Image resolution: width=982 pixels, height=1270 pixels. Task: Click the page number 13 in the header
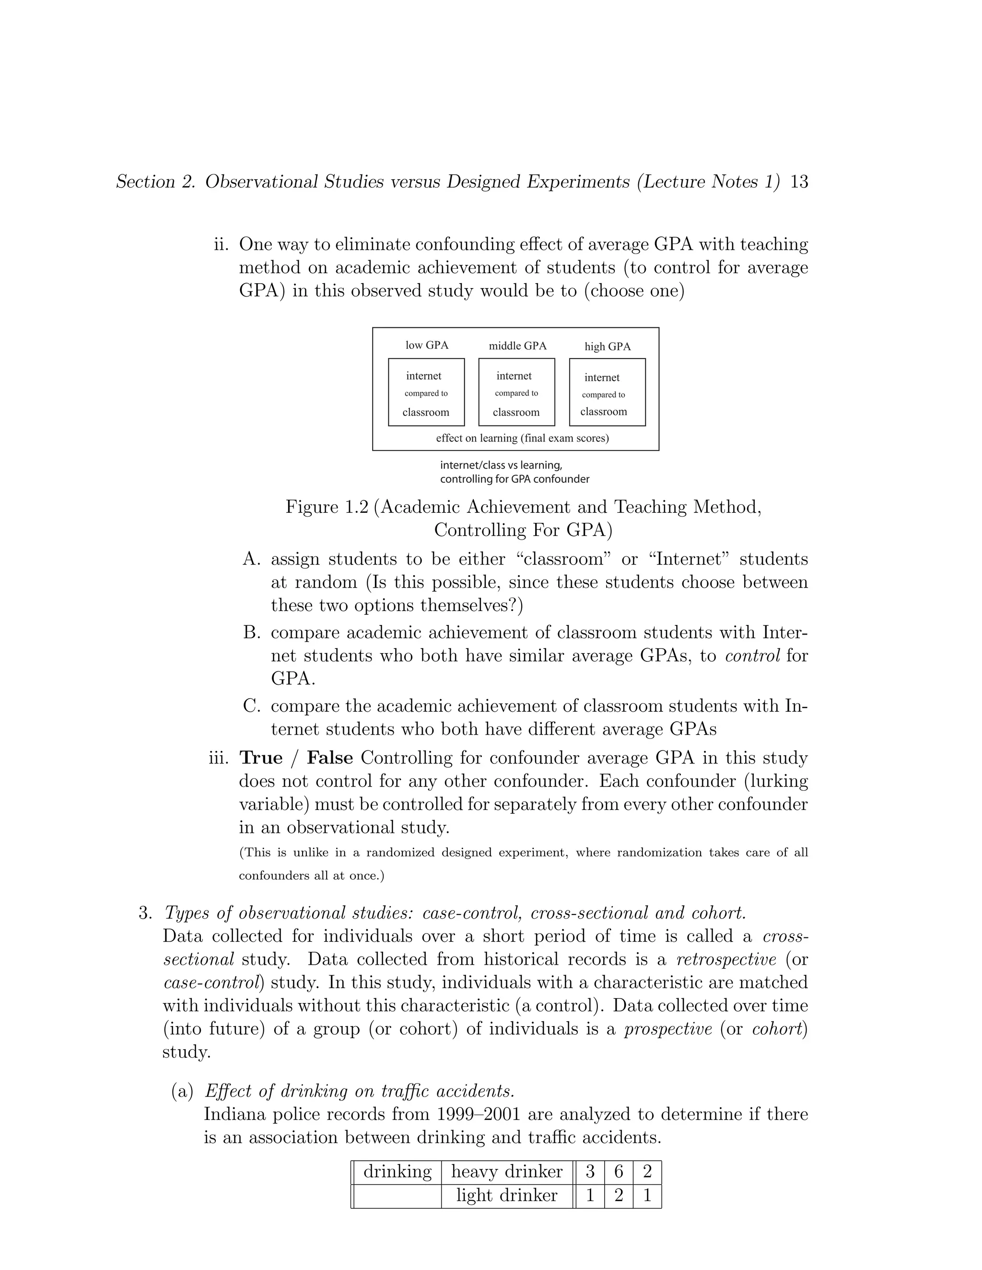[799, 182]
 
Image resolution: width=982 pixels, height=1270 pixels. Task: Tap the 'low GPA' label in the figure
[427, 345]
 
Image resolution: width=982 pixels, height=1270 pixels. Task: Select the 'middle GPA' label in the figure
[517, 346]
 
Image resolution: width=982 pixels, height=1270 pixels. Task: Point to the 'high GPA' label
[608, 346]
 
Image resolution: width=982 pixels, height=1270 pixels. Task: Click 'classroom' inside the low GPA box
[426, 412]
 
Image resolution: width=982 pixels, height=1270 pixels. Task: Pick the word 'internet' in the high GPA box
[602, 377]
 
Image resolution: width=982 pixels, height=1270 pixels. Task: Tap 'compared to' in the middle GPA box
[516, 393]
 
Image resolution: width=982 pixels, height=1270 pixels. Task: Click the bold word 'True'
[261, 758]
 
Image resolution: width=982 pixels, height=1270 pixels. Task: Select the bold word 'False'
[330, 758]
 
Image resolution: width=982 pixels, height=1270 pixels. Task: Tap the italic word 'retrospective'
[726, 959]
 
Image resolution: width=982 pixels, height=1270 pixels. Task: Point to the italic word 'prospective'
[668, 1028]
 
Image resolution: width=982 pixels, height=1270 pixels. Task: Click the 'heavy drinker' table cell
[507, 1171]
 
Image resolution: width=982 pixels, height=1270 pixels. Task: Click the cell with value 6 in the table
[619, 1171]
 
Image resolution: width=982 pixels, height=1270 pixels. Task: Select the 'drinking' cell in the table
[397, 1171]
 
